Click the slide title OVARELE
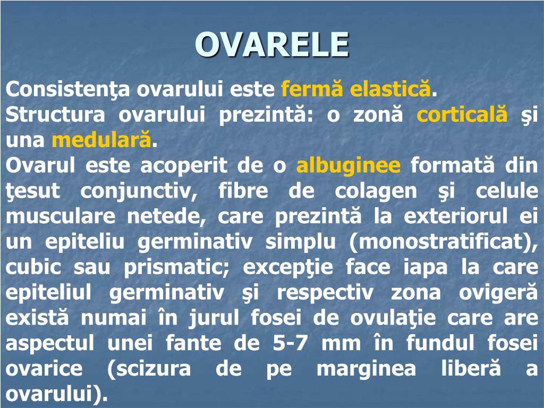272,45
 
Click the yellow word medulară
101,140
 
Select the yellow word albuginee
348,166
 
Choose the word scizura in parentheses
149,369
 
